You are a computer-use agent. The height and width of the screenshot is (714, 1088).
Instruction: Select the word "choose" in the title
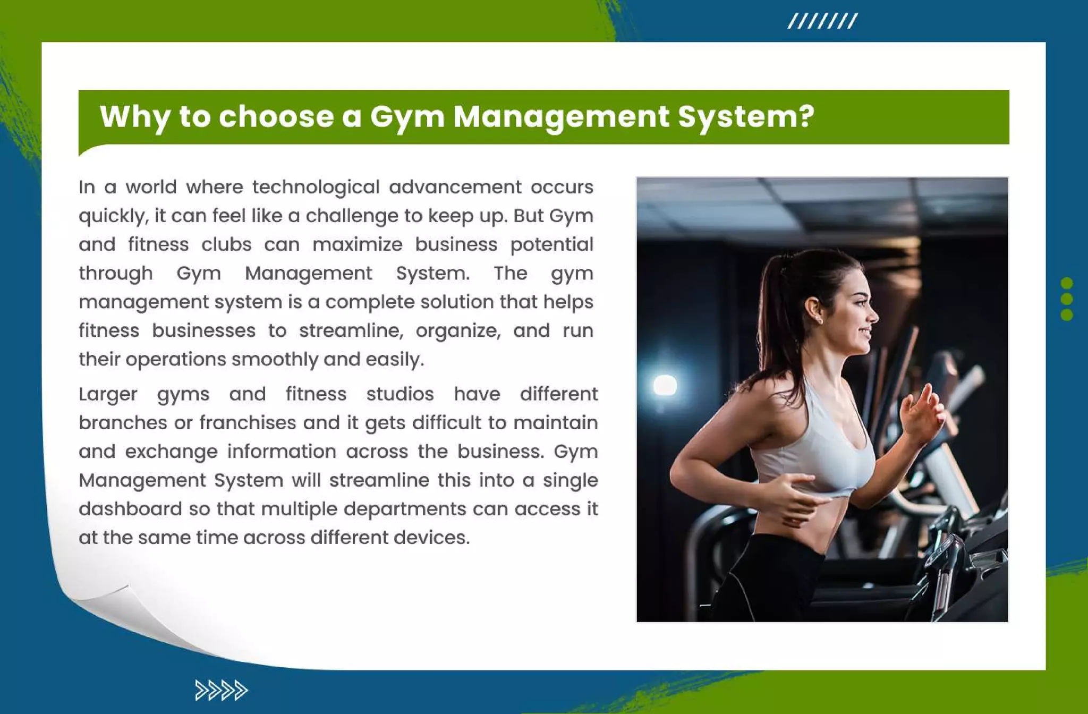[x=276, y=116]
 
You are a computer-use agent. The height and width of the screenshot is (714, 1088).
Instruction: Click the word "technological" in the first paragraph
[x=316, y=188]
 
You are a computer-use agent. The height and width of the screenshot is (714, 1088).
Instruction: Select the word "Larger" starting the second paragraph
[x=108, y=395]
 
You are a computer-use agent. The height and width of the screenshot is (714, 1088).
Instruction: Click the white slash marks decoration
[x=822, y=21]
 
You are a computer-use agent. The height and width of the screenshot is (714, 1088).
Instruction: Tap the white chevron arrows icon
[x=221, y=690]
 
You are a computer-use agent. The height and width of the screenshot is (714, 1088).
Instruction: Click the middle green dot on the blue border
[x=1066, y=299]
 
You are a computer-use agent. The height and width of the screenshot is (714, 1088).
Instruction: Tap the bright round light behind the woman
[x=665, y=385]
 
